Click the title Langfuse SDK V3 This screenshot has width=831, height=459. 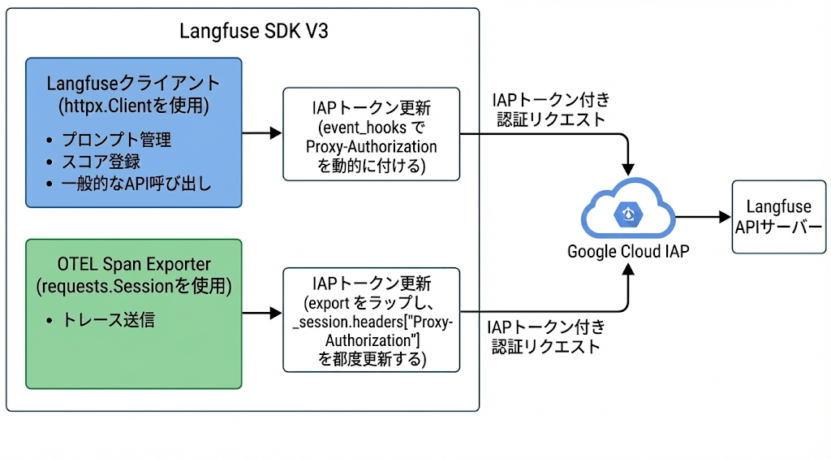pos(253,32)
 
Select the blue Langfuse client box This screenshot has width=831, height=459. pos(134,132)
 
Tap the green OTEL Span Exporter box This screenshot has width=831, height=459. pos(134,313)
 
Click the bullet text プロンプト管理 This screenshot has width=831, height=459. pos(117,140)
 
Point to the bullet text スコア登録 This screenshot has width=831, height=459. pos(101,162)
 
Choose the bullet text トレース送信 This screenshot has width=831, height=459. pos(109,320)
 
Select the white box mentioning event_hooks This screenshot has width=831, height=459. pos(371,134)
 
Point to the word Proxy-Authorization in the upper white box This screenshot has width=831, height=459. pos(371,147)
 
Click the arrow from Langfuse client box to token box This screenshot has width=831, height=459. pos(261,133)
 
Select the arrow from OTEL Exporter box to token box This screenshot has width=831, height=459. pos(261,313)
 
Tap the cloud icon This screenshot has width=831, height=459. pos(627,212)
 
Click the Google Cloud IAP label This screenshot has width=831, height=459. pos(627,252)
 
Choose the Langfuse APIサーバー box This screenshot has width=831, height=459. pos(778,217)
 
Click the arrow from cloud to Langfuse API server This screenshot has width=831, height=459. pos(703,217)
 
